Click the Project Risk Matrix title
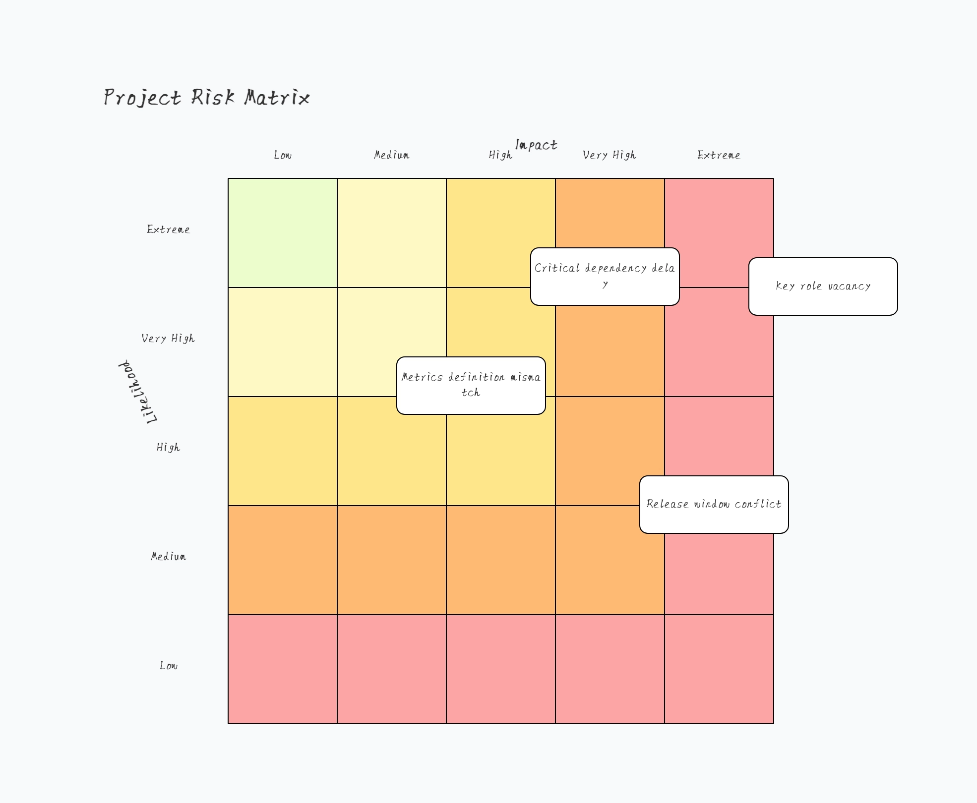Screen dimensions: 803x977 207,97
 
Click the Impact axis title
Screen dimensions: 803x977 536,145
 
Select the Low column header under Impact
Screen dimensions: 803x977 283,155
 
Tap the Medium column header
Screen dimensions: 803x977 392,155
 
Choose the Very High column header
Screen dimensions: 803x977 610,155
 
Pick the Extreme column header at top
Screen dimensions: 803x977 719,155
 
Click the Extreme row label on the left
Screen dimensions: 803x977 169,229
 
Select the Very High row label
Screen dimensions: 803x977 168,339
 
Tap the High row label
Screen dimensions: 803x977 168,448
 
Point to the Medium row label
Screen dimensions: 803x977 169,557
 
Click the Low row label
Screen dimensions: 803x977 169,666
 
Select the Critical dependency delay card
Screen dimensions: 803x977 605,277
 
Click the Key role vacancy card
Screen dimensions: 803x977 823,287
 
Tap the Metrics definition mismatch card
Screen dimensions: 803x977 471,386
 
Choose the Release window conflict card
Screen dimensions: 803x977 714,505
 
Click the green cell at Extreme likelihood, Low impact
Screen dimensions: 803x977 283,233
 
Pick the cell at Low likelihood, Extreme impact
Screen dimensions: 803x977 719,669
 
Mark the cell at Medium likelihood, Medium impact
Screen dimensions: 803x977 392,560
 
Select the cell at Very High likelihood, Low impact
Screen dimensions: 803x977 283,342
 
